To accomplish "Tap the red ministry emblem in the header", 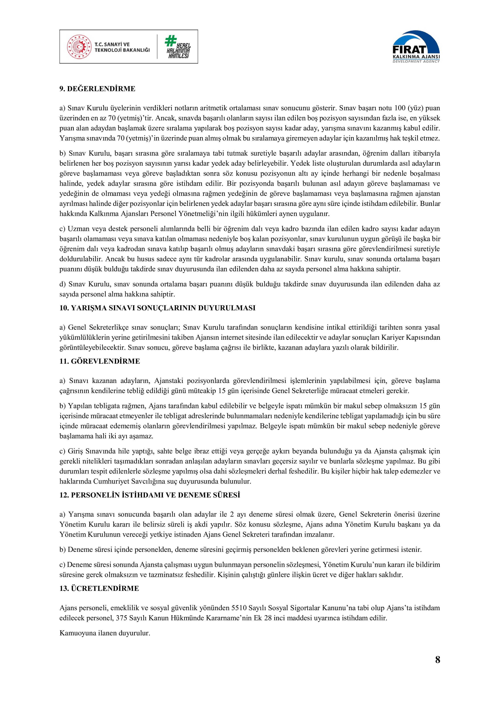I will (x=79, y=47).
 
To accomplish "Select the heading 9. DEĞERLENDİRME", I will (x=97, y=89).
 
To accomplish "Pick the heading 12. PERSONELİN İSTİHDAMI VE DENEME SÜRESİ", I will (x=150, y=495).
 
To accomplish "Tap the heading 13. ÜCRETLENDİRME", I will (x=99, y=588).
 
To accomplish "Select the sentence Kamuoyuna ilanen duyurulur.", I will (x=105, y=633).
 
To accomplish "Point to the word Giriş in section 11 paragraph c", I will (x=75, y=451).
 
